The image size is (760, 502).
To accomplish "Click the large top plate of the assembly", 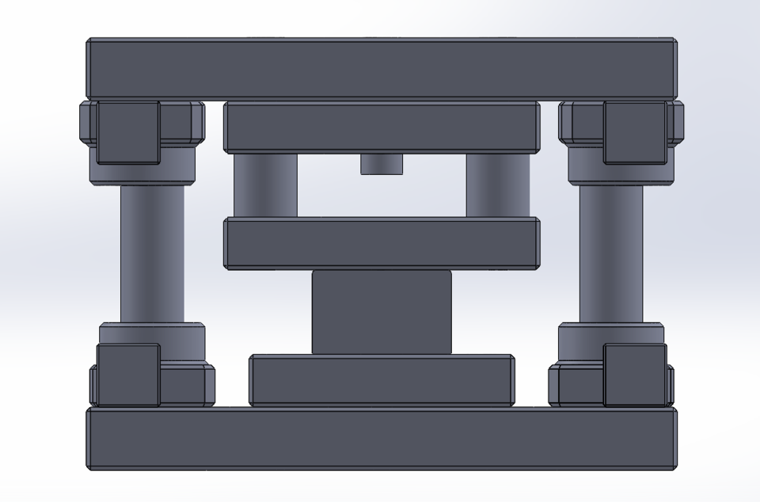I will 380,68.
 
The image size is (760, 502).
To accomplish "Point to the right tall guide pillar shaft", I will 610,253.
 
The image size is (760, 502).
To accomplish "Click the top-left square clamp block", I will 127,132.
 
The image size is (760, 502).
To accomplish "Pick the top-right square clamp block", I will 634,132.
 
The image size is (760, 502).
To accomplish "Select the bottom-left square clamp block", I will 127,375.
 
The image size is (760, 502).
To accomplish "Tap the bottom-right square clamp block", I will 634,375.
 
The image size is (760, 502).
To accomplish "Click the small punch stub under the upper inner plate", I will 382,164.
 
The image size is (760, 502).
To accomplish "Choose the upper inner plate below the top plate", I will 382,127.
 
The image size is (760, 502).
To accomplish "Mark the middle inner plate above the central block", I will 382,243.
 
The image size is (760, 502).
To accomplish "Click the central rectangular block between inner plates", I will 382,312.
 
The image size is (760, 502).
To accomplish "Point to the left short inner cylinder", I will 265,185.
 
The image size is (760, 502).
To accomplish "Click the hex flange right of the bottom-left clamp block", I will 187,385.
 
